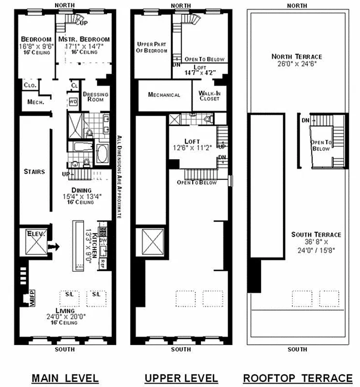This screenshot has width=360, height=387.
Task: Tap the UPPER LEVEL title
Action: point(181,378)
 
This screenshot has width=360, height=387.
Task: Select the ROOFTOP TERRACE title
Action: point(297,378)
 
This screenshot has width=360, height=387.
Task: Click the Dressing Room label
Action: point(95,97)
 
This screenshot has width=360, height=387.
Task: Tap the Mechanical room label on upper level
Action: point(164,95)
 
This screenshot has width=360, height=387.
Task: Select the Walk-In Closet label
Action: point(209,95)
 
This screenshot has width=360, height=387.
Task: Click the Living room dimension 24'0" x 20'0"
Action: point(64,317)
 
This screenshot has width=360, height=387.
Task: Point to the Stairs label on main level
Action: point(34,171)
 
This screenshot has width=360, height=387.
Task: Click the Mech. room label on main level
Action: point(36,102)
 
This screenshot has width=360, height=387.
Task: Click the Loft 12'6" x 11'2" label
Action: point(192,145)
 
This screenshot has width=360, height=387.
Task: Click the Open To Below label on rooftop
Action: point(320,145)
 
